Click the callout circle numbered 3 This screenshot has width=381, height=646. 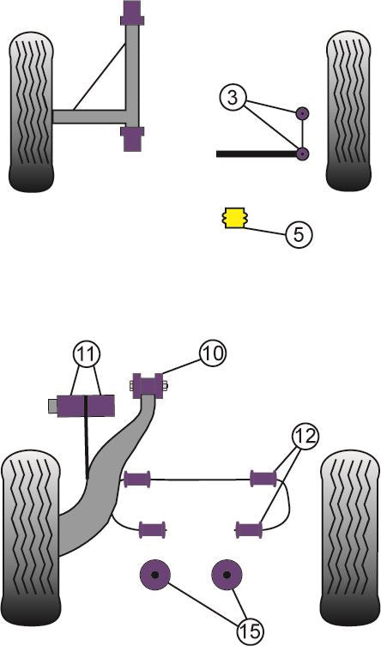233,98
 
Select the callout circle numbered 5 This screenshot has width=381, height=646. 299,234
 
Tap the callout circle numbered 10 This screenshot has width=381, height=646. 213,353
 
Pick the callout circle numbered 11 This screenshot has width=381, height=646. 86,354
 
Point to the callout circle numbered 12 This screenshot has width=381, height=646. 305,436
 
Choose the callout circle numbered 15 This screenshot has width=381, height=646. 250,631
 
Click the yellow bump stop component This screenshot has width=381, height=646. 233,218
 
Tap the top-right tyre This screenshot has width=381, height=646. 348,112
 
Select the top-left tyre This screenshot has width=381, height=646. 31,112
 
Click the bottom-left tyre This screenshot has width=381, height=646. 31,538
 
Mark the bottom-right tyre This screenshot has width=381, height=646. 350,538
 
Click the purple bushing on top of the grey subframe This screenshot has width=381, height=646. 132,15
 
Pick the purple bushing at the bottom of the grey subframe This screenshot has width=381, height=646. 132,139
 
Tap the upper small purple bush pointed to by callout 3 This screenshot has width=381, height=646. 303,113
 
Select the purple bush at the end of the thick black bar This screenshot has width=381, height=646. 303,154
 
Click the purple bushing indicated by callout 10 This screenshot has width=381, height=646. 148,386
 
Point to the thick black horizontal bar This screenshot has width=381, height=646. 257,154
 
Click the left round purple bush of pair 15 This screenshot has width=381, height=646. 154,575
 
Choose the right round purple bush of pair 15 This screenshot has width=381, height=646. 227,575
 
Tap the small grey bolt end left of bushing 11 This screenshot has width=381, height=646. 52,407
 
